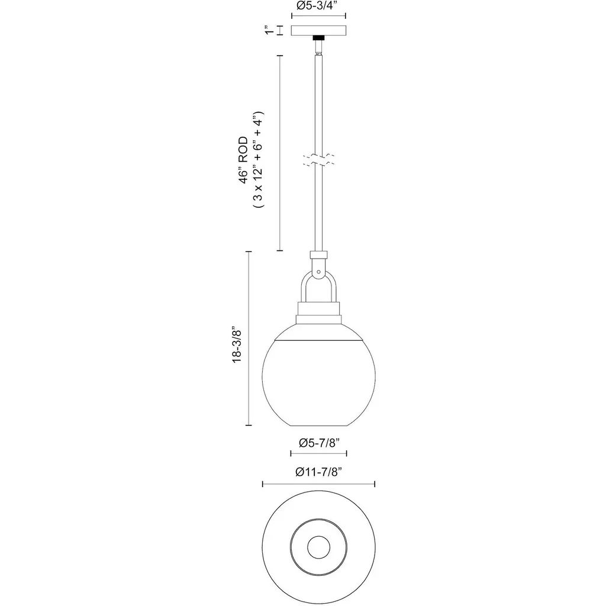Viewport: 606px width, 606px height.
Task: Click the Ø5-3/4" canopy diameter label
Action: pyautogui.click(x=318, y=5)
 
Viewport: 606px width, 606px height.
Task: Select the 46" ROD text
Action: pyautogui.click(x=243, y=160)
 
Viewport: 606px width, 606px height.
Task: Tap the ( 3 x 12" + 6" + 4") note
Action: pyautogui.click(x=258, y=160)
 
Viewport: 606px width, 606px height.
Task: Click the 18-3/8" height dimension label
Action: pyautogui.click(x=237, y=346)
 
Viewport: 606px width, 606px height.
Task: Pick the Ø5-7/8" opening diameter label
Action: pyautogui.click(x=319, y=443)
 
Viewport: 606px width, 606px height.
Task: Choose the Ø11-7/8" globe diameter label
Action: pyautogui.click(x=319, y=472)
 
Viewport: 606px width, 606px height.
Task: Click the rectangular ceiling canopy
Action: pyautogui.click(x=318, y=31)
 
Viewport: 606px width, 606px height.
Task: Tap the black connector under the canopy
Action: pyautogui.click(x=318, y=38)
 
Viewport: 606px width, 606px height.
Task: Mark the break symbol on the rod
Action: pyautogui.click(x=318, y=160)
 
